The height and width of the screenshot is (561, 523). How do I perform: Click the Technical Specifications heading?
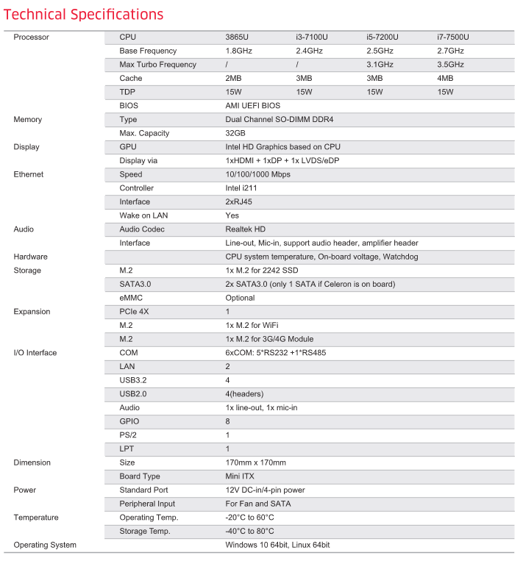[83, 15]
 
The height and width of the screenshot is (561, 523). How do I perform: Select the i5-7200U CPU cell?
[382, 37]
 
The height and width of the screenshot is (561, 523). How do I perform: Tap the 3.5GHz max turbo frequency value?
[450, 65]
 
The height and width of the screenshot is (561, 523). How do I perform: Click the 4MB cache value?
[445, 78]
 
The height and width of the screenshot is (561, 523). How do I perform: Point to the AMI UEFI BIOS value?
[252, 106]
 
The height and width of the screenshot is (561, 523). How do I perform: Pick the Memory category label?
[28, 119]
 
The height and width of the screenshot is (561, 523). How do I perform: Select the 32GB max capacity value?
[235, 133]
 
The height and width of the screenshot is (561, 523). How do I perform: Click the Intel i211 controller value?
[241, 188]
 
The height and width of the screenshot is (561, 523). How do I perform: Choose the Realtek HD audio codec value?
[245, 229]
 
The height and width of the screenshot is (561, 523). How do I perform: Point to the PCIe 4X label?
[135, 312]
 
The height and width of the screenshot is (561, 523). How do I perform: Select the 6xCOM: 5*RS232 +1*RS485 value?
[277, 353]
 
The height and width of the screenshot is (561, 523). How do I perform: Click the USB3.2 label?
[134, 380]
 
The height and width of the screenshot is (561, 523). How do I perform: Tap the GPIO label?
[129, 421]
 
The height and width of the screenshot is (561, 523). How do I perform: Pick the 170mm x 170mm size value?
[255, 462]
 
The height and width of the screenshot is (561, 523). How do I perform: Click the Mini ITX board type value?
[240, 476]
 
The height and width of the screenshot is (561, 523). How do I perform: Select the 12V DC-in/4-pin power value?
[265, 490]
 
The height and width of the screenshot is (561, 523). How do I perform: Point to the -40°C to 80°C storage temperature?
[249, 531]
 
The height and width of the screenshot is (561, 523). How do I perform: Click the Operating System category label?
[45, 545]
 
